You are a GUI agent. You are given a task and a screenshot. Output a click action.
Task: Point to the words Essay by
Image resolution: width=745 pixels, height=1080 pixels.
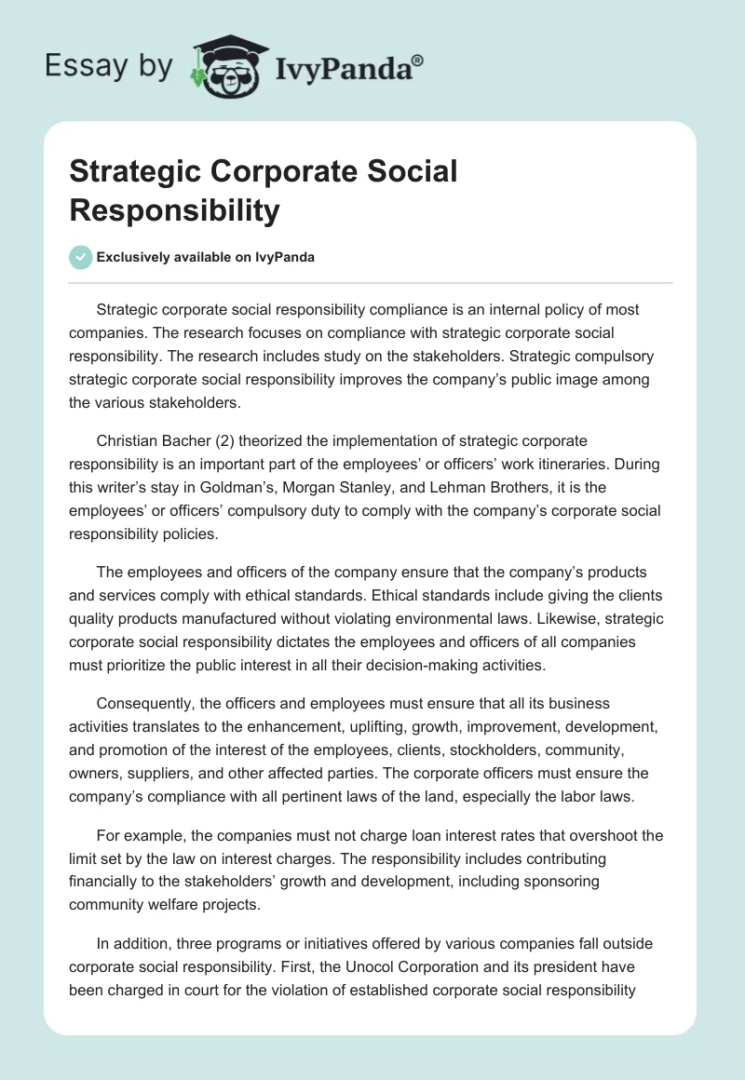(x=108, y=67)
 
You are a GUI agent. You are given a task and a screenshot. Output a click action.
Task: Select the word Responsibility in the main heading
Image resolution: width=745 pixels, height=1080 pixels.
(x=174, y=211)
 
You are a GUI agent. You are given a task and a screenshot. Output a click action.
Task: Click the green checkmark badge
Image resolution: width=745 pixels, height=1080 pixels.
(x=81, y=257)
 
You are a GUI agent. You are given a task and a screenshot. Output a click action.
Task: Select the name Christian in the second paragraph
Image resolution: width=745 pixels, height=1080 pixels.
(x=127, y=439)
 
